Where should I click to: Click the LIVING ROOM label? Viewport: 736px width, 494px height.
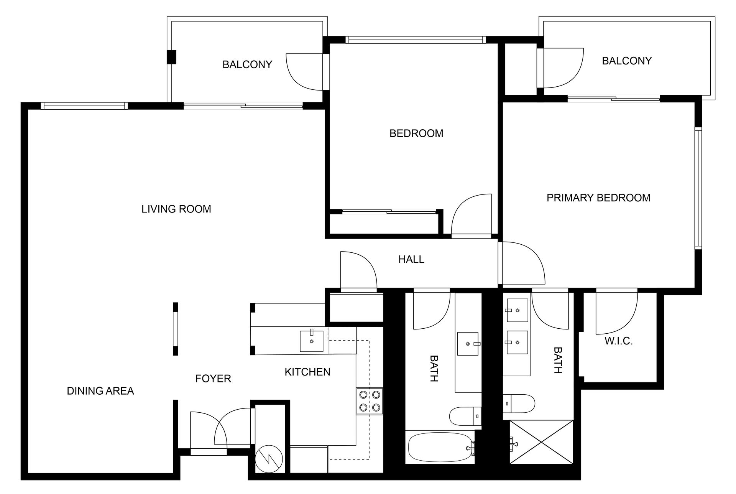(176, 209)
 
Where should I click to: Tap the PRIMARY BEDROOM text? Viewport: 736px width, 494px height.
(598, 198)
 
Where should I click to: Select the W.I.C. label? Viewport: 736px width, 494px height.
(618, 341)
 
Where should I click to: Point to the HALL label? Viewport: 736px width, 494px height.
(411, 260)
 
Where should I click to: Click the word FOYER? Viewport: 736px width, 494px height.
(213, 379)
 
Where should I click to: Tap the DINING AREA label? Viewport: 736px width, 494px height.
(100, 391)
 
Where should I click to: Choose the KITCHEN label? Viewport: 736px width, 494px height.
(307, 372)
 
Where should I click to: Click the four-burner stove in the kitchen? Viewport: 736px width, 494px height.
(370, 401)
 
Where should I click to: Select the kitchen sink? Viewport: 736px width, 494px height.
(311, 341)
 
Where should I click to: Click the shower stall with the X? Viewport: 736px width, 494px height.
(541, 442)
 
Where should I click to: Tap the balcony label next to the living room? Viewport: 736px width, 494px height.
(247, 64)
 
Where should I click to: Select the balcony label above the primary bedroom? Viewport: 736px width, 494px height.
(626, 61)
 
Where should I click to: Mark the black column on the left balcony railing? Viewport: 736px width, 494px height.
(171, 57)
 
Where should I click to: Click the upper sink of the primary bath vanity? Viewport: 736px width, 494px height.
(517, 310)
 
